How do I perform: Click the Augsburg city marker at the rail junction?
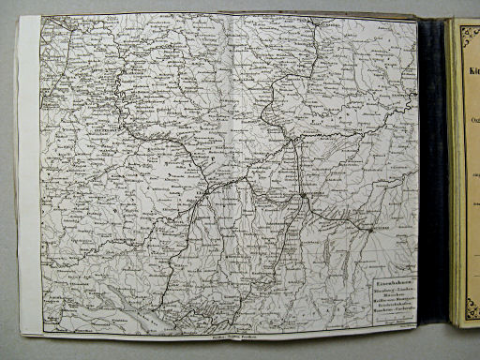[x=305, y=195]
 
